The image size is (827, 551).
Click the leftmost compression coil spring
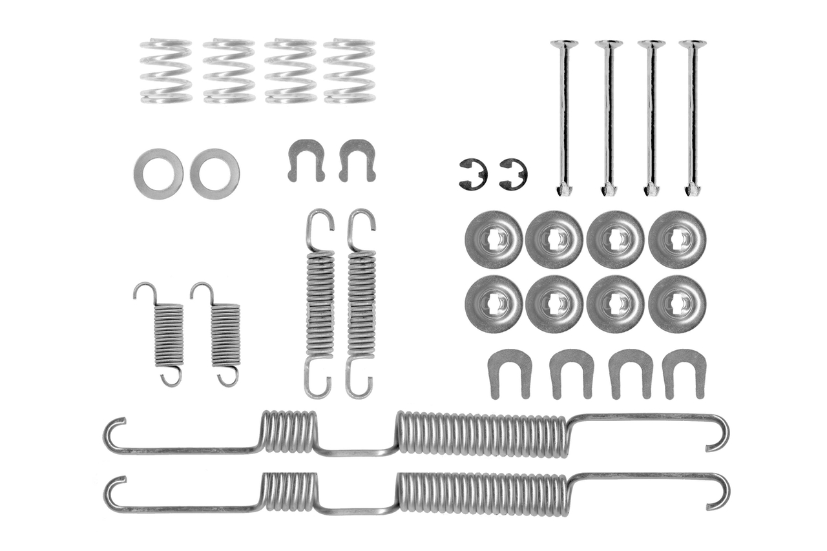click(x=166, y=71)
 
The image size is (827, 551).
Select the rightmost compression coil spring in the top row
click(x=350, y=71)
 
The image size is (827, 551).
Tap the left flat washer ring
click(x=158, y=174)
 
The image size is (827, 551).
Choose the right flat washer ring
click(x=215, y=174)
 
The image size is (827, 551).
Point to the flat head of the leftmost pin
click(x=564, y=45)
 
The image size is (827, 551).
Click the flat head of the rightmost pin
click(x=693, y=45)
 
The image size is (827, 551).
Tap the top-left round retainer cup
click(x=494, y=239)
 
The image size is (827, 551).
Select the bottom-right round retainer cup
click(x=677, y=304)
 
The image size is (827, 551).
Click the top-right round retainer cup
click(x=677, y=239)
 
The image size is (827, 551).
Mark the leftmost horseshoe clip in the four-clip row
click(x=510, y=372)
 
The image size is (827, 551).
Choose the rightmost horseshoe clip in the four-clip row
click(x=684, y=372)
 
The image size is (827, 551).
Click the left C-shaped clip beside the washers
click(x=306, y=158)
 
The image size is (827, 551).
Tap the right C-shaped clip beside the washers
click(x=357, y=158)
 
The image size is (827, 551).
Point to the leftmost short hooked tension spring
click(x=167, y=333)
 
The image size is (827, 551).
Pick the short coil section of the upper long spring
click(x=289, y=430)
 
